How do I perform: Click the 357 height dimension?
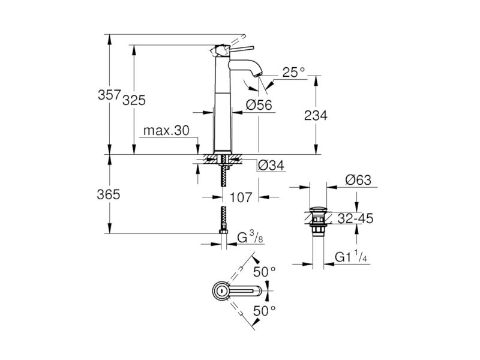109,95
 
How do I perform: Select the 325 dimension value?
134,100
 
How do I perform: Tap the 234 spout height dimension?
316,115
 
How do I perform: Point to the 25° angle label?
293,73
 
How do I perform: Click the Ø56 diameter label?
259,105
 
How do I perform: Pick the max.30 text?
167,131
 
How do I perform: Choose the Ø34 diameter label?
271,166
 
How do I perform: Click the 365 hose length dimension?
109,194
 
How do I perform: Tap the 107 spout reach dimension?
241,197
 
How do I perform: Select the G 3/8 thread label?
250,237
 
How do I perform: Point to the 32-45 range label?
355,218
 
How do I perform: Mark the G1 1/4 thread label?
351,257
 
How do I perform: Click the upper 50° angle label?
265,272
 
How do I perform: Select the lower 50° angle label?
265,311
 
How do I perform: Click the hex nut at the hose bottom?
223,232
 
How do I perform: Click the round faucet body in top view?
220,291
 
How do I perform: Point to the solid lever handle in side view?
242,49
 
